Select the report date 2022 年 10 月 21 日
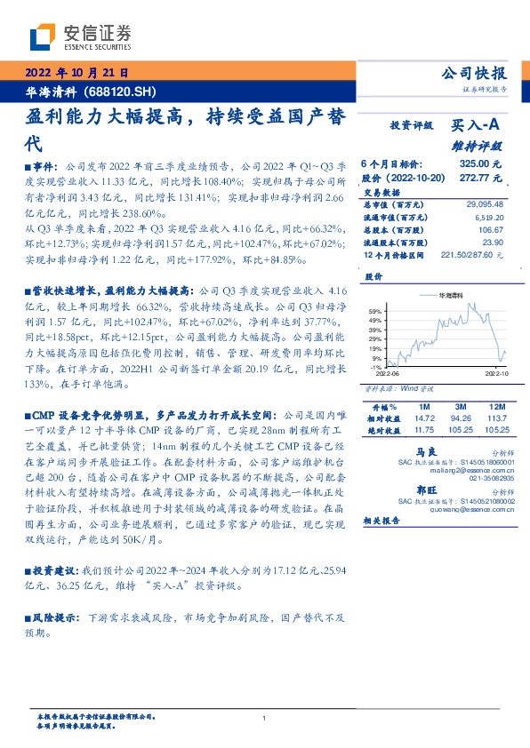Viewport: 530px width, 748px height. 76,73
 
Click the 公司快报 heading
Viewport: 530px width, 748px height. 473,73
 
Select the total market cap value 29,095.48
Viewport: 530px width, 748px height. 484,204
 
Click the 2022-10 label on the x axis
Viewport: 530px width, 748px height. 494,375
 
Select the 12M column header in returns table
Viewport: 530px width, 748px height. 491,404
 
